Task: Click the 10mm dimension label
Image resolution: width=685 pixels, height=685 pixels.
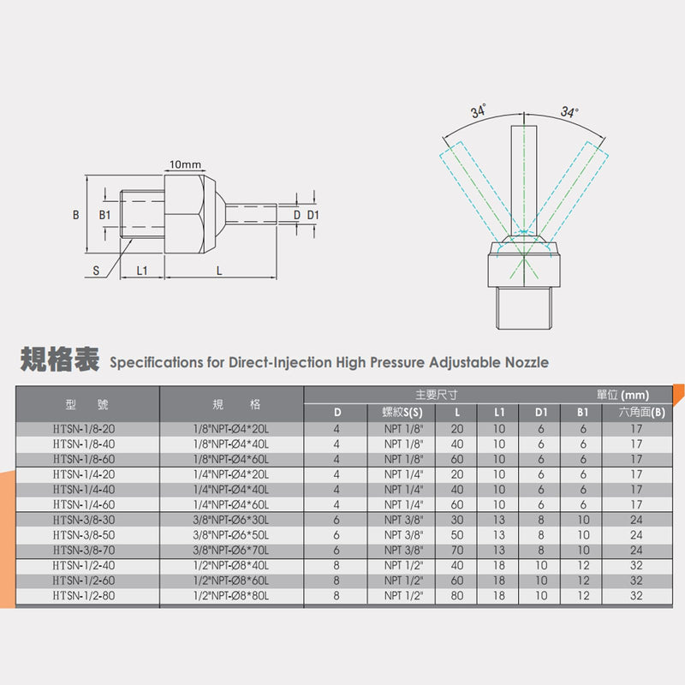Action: point(185,164)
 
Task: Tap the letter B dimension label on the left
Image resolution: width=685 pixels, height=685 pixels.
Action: point(76,215)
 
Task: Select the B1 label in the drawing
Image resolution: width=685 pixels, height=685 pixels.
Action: point(104,215)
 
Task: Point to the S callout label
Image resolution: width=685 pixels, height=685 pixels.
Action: point(96,271)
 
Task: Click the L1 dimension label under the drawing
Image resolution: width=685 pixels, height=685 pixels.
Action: point(142,271)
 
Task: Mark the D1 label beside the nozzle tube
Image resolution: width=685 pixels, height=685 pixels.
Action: point(313,215)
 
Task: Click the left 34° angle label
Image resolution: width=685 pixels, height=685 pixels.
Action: point(479,111)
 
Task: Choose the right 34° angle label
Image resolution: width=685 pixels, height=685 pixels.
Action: point(569,112)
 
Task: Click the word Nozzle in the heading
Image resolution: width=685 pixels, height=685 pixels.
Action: point(527,362)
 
